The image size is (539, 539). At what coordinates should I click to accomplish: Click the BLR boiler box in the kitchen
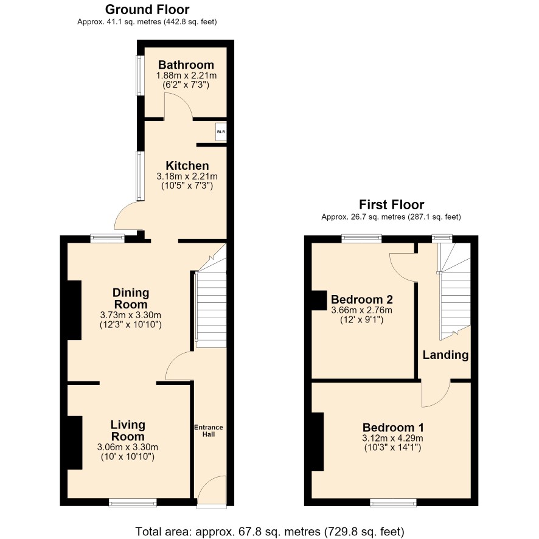tap(221, 131)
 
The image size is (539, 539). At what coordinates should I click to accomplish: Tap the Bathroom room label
tap(186, 64)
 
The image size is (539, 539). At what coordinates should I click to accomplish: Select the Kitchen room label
tap(187, 165)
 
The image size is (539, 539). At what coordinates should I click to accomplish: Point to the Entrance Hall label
tap(209, 431)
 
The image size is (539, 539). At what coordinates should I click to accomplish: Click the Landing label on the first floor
tap(445, 355)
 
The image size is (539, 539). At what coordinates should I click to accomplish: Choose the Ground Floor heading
tap(147, 9)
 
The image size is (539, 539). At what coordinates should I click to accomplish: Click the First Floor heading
tap(392, 204)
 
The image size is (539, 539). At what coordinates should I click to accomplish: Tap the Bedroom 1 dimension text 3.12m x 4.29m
tap(392, 438)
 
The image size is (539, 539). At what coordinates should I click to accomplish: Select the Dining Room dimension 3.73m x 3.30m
tap(131, 315)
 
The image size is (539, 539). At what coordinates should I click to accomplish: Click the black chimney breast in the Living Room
tap(75, 443)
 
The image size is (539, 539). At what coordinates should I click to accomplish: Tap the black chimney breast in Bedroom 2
tap(319, 301)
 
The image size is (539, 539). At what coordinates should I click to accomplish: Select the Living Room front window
tap(133, 502)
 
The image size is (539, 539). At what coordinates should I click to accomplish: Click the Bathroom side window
tap(139, 75)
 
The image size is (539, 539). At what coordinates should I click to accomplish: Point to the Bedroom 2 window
tap(361, 238)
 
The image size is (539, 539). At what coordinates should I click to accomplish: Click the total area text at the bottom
tap(269, 532)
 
